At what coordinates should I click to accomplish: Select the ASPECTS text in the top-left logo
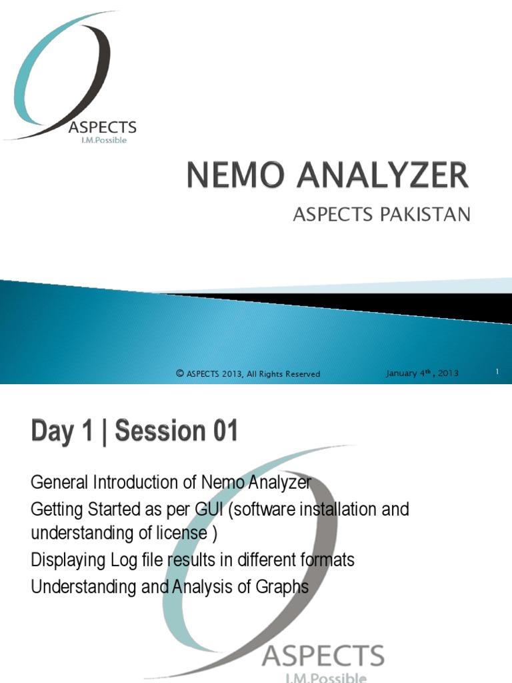103,127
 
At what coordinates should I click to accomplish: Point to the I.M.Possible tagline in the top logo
103,141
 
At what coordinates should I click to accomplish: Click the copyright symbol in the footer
179,374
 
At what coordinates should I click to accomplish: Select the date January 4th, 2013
422,373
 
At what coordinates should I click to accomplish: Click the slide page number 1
497,373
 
